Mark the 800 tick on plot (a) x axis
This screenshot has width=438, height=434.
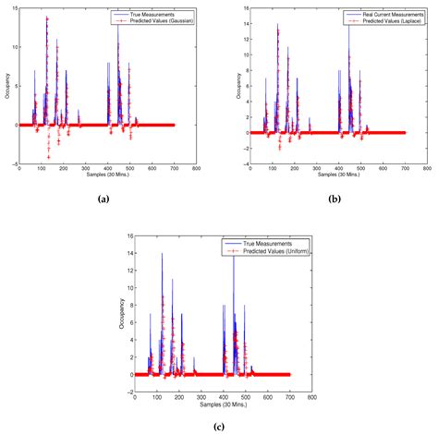194,169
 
